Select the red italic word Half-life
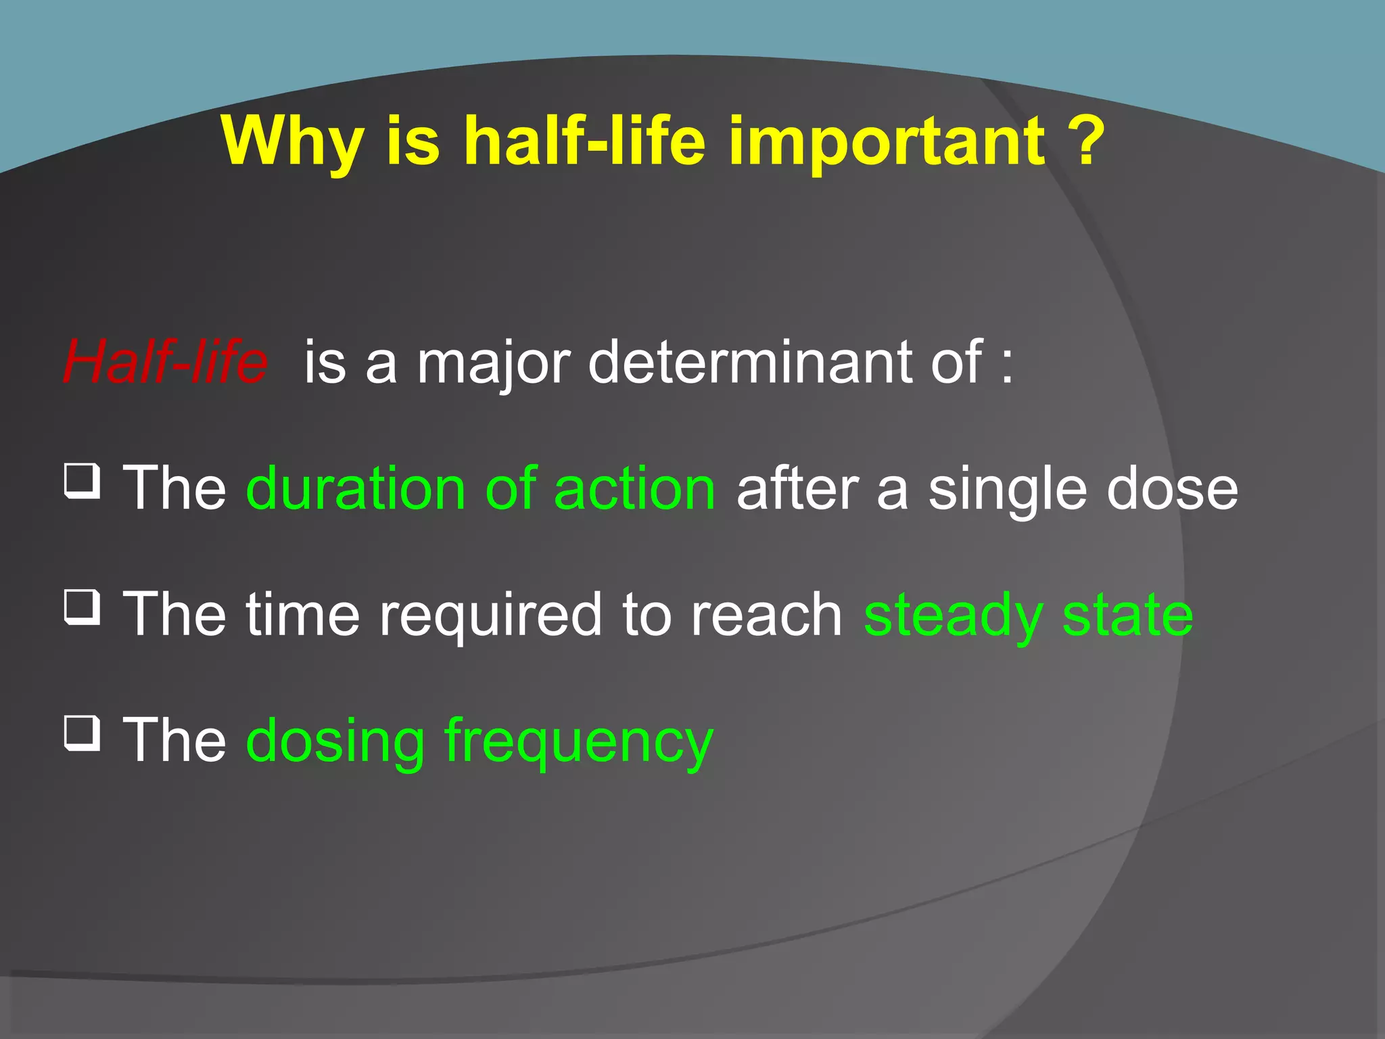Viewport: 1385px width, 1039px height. pos(166,362)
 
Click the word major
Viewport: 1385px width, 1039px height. pos(495,364)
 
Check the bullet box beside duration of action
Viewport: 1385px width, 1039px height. pos(83,481)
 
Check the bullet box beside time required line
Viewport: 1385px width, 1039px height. pos(83,607)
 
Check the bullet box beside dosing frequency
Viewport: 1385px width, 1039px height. pos(83,733)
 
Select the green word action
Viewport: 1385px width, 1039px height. pos(634,488)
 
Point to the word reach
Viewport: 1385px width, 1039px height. pos(766,614)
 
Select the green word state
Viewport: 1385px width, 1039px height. pos(1127,614)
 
